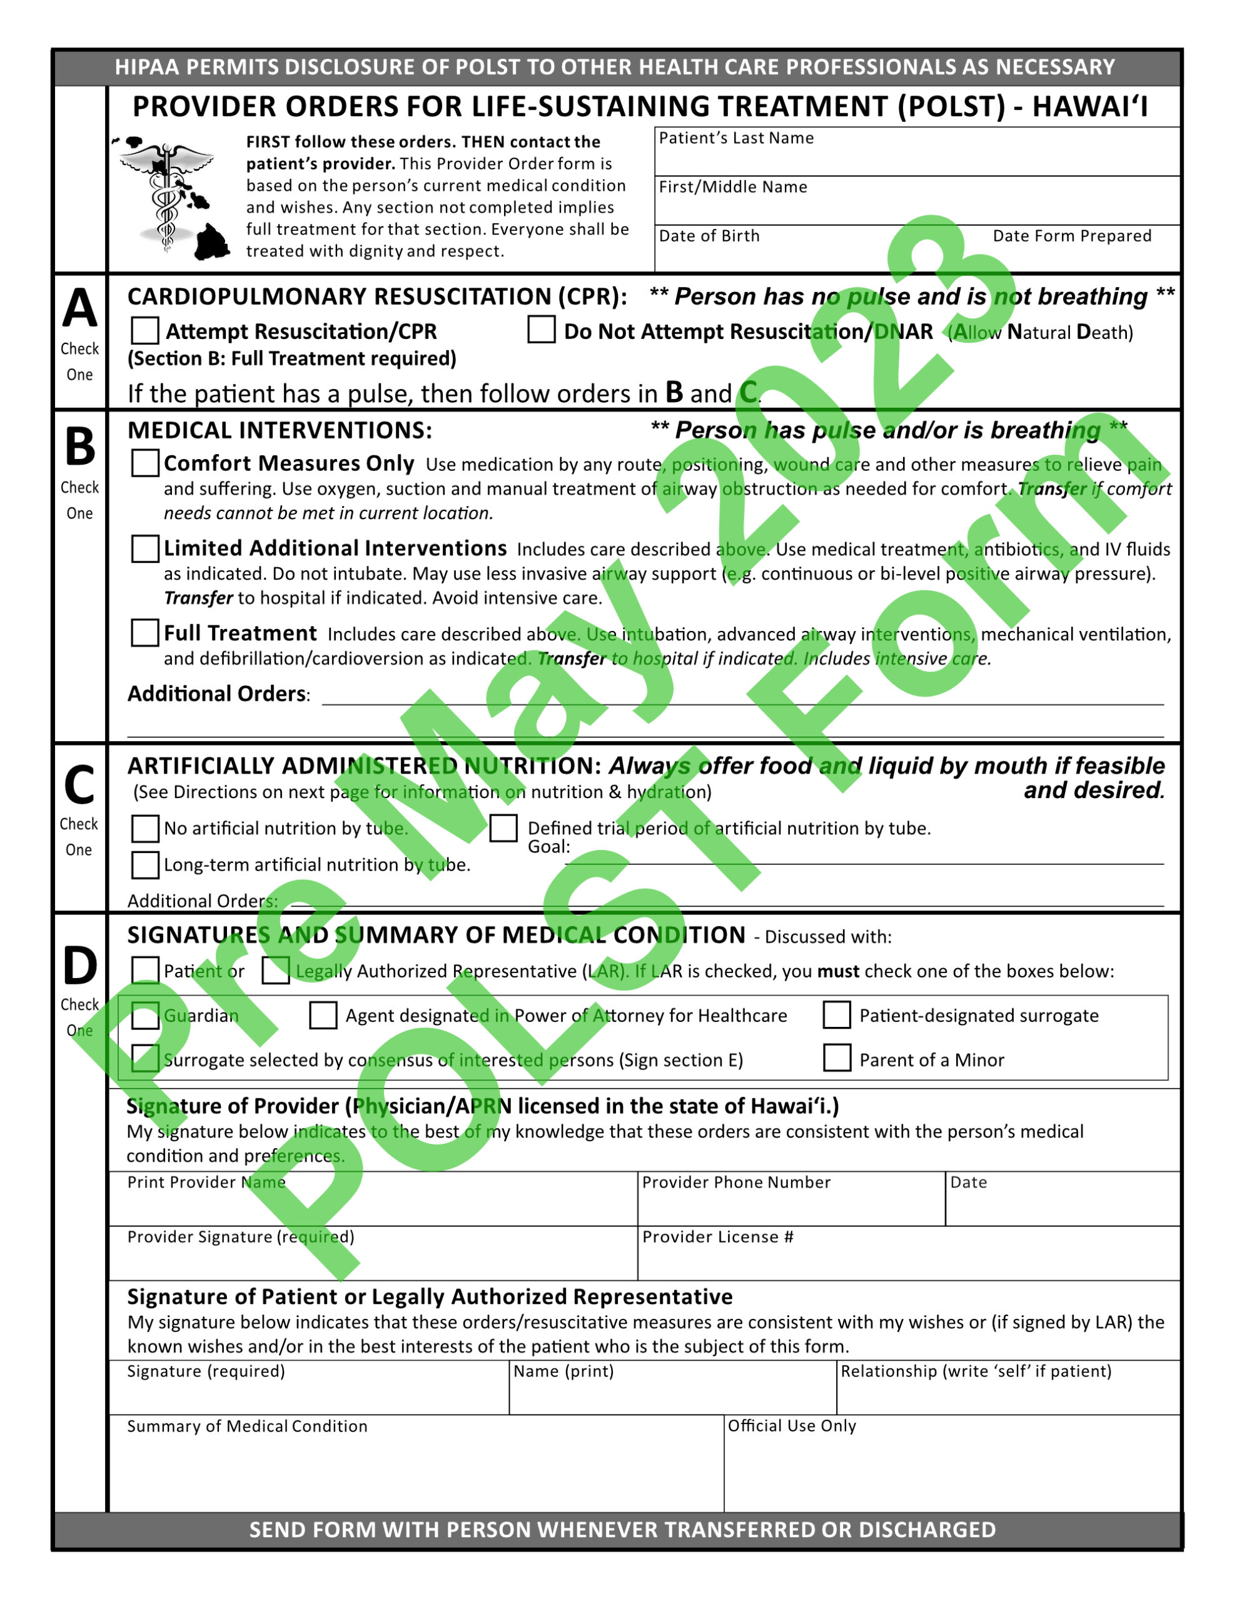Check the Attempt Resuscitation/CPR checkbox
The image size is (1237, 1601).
pyautogui.click(x=145, y=331)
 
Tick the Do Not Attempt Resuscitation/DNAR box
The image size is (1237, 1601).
pyautogui.click(x=541, y=329)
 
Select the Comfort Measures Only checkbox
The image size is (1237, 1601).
pyautogui.click(x=145, y=463)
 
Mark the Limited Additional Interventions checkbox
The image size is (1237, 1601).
pyautogui.click(x=145, y=548)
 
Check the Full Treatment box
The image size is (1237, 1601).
pyautogui.click(x=145, y=633)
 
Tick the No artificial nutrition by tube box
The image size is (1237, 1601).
pyautogui.click(x=145, y=829)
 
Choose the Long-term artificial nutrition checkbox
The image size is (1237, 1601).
pyautogui.click(x=145, y=865)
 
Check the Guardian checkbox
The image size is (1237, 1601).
pyautogui.click(x=145, y=1016)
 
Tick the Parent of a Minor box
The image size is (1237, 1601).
pyautogui.click(x=837, y=1059)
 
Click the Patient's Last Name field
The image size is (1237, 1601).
pyautogui.click(x=917, y=158)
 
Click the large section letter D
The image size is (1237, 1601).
pyautogui.click(x=80, y=966)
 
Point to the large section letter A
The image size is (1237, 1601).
pyautogui.click(x=80, y=308)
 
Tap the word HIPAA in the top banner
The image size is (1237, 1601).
pyautogui.click(x=146, y=68)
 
